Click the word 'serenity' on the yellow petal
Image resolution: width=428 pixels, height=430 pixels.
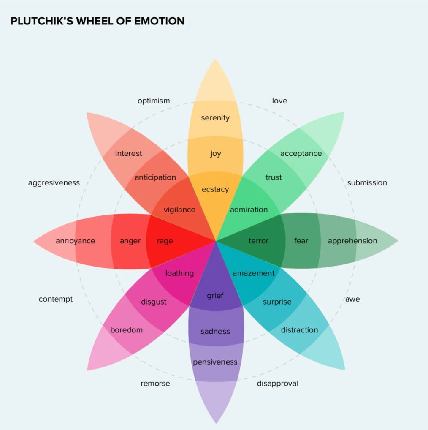click(x=215, y=118)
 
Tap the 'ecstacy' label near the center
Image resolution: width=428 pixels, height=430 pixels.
click(x=215, y=189)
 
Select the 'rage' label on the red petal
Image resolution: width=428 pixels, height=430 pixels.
click(x=165, y=241)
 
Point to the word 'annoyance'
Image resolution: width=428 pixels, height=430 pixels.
click(x=75, y=241)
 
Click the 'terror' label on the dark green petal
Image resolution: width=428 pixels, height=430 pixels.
click(x=258, y=241)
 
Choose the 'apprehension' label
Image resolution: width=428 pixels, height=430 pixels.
click(x=352, y=241)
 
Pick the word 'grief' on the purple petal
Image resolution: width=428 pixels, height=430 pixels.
click(x=215, y=296)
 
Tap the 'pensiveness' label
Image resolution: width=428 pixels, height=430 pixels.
click(x=215, y=362)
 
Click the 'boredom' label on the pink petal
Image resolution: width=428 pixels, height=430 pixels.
click(x=127, y=330)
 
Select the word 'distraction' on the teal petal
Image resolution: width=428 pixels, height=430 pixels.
click(x=299, y=330)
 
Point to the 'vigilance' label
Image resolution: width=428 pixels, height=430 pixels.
click(x=179, y=210)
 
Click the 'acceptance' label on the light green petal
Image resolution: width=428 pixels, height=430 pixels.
click(x=301, y=153)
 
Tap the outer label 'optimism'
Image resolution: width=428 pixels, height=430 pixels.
click(x=154, y=101)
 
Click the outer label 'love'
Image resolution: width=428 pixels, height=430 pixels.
click(x=279, y=101)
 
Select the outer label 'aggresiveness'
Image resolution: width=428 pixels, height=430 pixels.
click(x=54, y=183)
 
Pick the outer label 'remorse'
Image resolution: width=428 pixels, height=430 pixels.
click(x=155, y=384)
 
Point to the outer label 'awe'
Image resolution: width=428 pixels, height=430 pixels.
click(x=352, y=299)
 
